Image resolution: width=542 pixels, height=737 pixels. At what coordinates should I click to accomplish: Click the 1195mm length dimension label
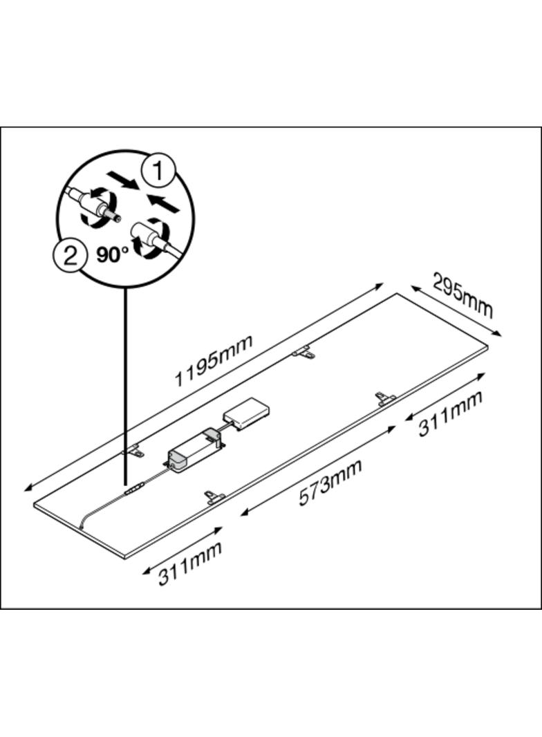click(x=214, y=360)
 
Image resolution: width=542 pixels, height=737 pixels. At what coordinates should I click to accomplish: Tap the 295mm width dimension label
click(x=463, y=296)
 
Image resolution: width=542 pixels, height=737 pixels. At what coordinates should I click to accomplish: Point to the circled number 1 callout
click(x=158, y=171)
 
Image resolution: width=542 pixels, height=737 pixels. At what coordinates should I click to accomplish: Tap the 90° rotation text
click(x=113, y=254)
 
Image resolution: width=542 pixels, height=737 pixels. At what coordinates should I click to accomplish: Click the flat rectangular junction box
click(x=247, y=413)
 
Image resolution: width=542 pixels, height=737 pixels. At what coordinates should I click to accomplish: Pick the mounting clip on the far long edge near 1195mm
click(x=303, y=353)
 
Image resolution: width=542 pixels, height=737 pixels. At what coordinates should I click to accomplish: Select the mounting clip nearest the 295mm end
click(x=386, y=398)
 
